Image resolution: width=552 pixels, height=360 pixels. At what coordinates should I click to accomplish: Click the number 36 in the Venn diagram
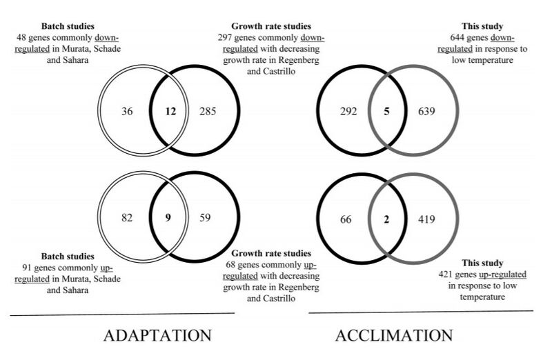(126, 111)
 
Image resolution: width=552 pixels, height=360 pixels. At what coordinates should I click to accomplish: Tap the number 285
(208, 111)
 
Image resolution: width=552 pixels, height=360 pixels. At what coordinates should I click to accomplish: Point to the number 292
(348, 111)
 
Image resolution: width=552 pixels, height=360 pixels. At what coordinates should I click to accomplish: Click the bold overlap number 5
(387, 111)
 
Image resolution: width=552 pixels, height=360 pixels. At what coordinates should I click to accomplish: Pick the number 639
(428, 111)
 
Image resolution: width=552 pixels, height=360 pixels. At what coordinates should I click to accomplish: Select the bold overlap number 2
(387, 219)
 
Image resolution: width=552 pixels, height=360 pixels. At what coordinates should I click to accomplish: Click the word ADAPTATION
(157, 336)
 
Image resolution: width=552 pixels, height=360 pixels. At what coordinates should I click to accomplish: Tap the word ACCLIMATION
(395, 336)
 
